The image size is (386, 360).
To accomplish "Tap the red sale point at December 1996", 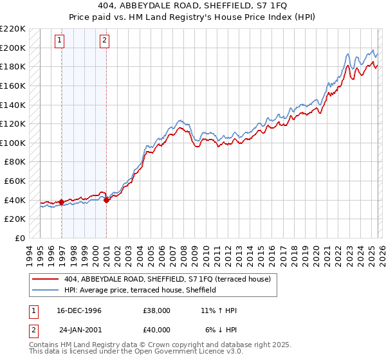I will pyautogui.click(x=62, y=202).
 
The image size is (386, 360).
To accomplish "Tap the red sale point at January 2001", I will pyautogui.click(x=106, y=200).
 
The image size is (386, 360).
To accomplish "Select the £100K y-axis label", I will pyautogui.click(x=13, y=143).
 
